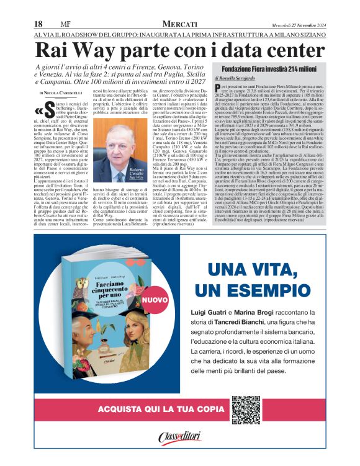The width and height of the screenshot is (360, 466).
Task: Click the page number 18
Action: (x=38, y=23)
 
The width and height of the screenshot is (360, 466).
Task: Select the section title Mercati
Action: (x=179, y=23)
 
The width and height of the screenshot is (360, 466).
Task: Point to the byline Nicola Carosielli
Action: (x=63, y=92)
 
